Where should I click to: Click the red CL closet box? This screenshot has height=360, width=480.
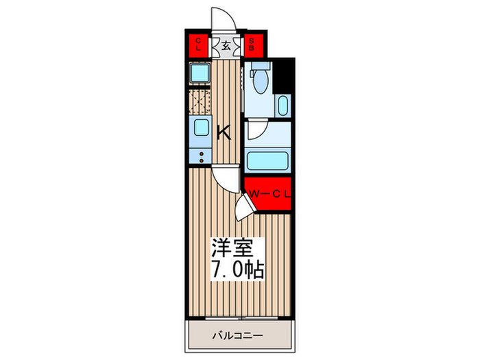point(198,45)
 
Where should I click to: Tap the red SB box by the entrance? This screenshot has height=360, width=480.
point(252,45)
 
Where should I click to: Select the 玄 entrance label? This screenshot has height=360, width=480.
point(225,46)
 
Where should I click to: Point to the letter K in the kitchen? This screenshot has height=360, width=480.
point(224,133)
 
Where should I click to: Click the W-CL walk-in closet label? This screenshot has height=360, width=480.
point(269,194)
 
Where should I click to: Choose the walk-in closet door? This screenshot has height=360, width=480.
point(243,206)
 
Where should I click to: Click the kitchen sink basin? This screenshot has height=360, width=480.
point(200,128)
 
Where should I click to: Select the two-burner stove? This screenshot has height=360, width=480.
point(200,156)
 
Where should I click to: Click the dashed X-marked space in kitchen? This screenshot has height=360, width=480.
point(200,101)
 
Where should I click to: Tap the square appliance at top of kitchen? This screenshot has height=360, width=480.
point(200,73)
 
